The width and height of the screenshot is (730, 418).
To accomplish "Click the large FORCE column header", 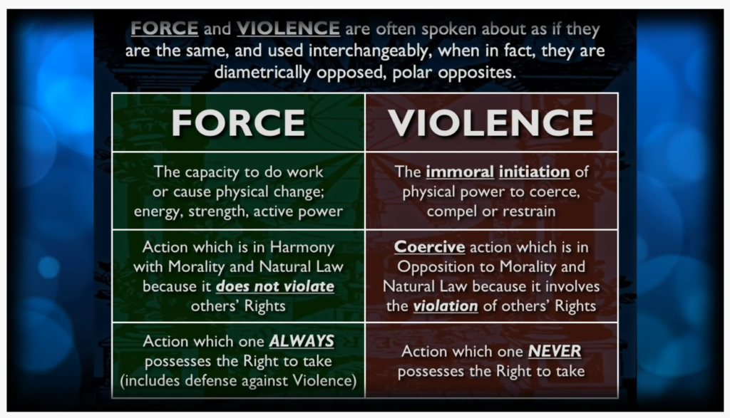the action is click(238, 122).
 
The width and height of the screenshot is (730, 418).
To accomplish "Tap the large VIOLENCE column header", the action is click(491, 122).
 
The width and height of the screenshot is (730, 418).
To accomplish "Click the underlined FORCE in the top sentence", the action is click(165, 28).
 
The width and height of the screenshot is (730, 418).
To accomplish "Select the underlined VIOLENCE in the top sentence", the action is click(288, 28).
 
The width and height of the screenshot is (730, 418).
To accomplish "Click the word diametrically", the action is click(262, 73).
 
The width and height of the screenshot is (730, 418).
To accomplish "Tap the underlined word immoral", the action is click(460, 172).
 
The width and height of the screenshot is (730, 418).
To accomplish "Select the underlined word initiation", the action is click(535, 172).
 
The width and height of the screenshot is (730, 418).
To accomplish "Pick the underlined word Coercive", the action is click(430, 247).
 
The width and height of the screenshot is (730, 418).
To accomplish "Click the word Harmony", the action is click(302, 248).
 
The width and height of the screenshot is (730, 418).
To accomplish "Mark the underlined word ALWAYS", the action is click(302, 341).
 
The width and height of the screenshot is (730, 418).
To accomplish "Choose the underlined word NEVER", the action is click(555, 351).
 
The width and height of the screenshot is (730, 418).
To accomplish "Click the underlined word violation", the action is click(446, 306).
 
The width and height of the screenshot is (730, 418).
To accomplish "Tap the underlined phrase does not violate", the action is click(275, 286).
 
